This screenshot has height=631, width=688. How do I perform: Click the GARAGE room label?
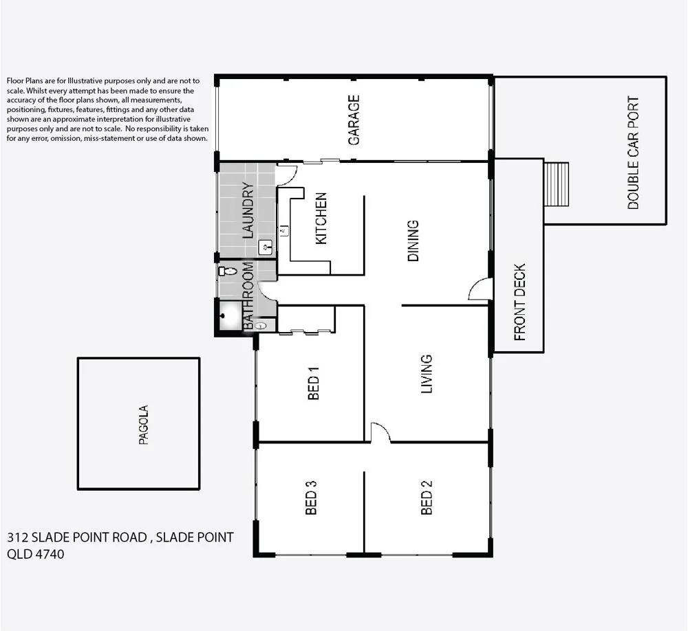354,120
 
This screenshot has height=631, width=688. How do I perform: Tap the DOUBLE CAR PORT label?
633,153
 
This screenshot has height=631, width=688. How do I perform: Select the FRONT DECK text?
520,302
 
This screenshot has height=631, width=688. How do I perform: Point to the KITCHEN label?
321,219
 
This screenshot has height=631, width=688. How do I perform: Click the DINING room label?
413,241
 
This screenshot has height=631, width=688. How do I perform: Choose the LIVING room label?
427,374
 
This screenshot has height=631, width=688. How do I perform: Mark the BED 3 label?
311,498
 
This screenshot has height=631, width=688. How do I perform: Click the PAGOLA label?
144,425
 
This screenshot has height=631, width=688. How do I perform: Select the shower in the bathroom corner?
229,317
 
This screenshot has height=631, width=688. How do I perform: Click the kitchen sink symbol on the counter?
283,230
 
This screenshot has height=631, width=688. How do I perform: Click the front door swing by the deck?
479,289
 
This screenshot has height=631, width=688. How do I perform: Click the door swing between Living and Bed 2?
380,432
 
